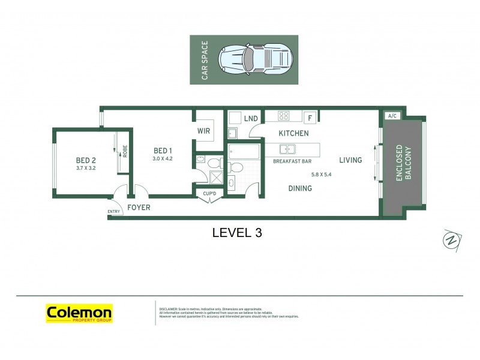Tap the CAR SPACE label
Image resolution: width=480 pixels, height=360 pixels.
[x=205, y=60]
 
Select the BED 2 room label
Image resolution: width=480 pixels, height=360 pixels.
[x=86, y=160]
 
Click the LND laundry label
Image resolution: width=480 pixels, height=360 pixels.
[x=251, y=119]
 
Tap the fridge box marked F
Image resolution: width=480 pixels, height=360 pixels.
[x=310, y=118]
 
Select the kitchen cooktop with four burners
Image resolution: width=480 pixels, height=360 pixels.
[x=284, y=116]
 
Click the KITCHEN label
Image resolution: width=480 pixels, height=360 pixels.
[x=293, y=133]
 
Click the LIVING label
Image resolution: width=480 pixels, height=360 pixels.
[x=350, y=160]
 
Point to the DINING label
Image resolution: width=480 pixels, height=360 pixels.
[x=300, y=188]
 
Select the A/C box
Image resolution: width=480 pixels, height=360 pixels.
[x=392, y=115]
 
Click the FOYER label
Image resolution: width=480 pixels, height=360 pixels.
[x=139, y=208]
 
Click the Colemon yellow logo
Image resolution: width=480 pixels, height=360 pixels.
[x=79, y=313]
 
